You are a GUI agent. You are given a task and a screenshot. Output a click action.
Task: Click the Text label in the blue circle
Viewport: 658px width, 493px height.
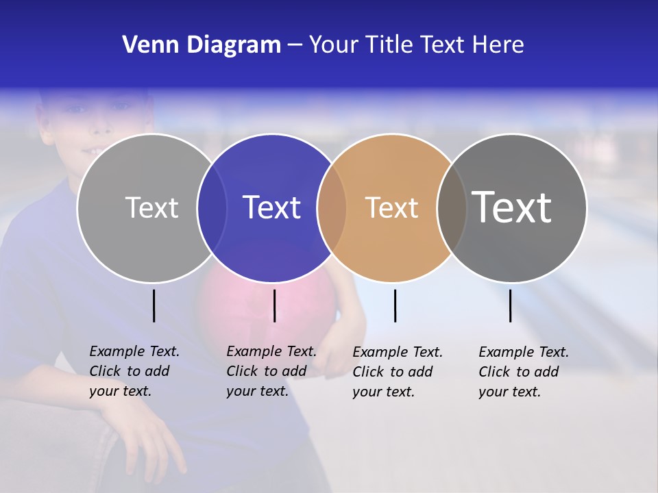point(272,207)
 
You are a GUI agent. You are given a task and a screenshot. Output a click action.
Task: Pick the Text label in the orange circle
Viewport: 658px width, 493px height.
point(391,207)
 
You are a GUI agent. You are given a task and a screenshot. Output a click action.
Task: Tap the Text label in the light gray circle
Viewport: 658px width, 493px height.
point(151,207)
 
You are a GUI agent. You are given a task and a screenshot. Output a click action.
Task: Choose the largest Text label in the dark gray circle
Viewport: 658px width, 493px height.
point(512,207)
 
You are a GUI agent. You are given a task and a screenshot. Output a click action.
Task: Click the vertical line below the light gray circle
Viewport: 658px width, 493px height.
point(154,305)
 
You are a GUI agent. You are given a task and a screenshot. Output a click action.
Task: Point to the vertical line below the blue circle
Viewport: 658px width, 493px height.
point(274,305)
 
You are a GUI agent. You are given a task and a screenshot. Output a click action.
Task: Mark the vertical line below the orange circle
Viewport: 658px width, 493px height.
point(395,305)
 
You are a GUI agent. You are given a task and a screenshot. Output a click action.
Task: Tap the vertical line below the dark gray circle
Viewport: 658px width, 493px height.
point(510,305)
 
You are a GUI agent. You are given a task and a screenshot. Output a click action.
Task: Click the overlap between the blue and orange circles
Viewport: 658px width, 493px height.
point(332,207)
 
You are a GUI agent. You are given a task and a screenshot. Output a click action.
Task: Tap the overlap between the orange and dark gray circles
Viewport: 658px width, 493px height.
point(452,207)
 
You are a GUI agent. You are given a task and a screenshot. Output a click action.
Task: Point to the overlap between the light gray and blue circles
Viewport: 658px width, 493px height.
point(212,207)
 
